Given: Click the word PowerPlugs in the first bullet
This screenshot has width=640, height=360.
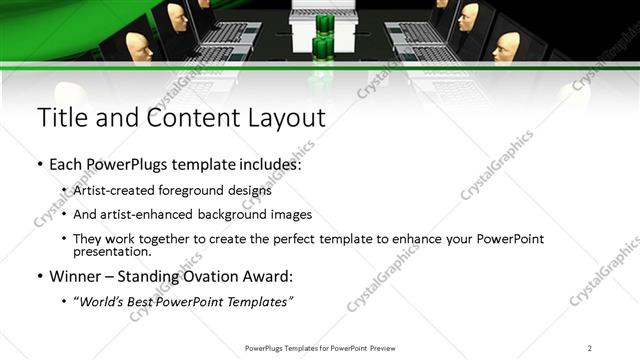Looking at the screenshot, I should pos(130,163).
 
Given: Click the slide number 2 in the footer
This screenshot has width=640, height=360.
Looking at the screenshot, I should pos(590,348).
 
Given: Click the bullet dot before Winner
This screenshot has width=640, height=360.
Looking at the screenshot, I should pos(39,276).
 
